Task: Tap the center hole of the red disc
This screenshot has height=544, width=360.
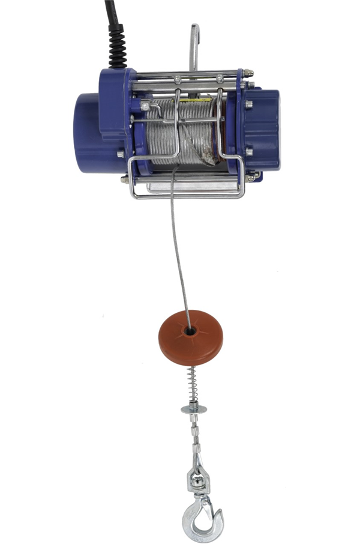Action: pyautogui.click(x=190, y=330)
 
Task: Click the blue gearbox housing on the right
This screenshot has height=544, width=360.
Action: pyautogui.click(x=262, y=129)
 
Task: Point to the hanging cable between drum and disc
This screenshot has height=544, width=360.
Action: pyautogui.click(x=178, y=252)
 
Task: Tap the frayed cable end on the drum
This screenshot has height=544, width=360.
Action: pyautogui.click(x=210, y=157)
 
